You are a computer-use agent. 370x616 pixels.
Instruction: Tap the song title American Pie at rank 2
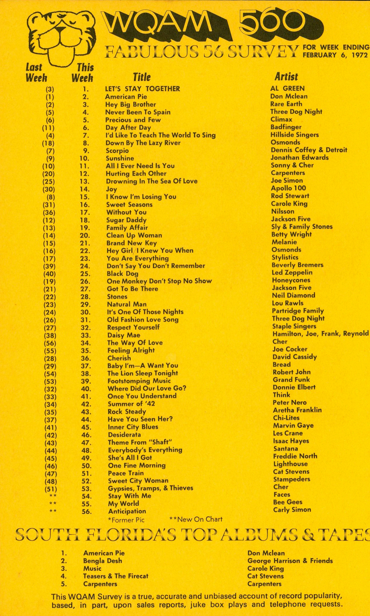click(x=126, y=97)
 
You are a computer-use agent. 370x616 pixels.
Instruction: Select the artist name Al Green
click(x=287, y=88)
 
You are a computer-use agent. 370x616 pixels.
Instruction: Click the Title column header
click(x=141, y=77)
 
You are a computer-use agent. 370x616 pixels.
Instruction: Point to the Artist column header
click(x=286, y=77)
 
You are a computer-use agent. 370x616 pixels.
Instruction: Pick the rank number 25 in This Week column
click(x=85, y=274)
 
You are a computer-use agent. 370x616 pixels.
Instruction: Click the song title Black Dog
click(x=123, y=274)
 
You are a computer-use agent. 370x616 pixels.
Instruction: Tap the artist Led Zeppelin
click(x=292, y=273)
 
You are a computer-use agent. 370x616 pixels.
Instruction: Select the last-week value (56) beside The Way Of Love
click(x=50, y=343)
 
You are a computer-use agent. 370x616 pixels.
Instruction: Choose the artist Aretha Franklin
click(x=297, y=410)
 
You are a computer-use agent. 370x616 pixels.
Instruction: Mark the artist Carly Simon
click(x=292, y=510)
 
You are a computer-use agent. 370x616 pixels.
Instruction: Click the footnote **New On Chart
click(x=196, y=519)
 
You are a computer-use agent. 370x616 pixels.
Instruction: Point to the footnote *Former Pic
click(x=126, y=520)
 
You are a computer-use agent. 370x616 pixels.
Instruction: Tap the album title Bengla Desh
click(x=102, y=561)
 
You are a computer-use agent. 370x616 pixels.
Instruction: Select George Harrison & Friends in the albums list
click(x=290, y=561)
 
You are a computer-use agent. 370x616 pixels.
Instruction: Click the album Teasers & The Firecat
click(x=116, y=576)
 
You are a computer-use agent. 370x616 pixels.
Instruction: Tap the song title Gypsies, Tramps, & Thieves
click(x=150, y=488)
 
